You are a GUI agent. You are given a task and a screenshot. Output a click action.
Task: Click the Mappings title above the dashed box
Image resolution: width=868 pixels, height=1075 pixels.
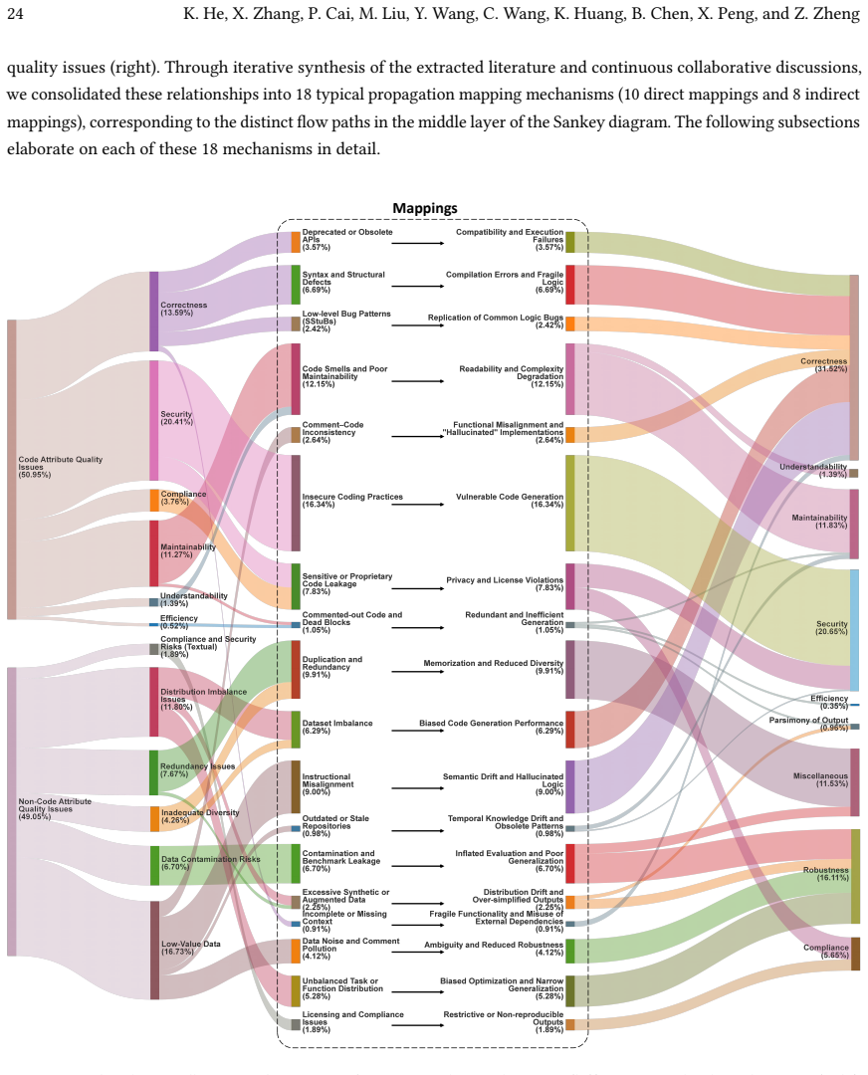(424, 208)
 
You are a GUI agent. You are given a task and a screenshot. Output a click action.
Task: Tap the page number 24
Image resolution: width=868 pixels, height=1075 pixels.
(14, 14)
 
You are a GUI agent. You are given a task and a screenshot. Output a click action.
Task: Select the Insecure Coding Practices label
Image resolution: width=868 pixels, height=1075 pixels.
(352, 501)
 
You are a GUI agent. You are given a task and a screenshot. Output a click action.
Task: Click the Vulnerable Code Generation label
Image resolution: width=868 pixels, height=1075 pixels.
(510, 501)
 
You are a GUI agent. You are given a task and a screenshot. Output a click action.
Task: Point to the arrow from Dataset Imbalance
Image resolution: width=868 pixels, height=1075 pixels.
(417, 731)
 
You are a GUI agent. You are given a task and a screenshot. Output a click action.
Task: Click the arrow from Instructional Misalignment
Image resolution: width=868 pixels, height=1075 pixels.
(417, 788)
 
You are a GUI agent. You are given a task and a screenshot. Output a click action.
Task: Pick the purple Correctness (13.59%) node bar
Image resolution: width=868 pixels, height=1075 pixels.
(154, 312)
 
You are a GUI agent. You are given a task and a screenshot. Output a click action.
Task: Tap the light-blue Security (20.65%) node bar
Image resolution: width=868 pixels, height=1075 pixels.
(854, 630)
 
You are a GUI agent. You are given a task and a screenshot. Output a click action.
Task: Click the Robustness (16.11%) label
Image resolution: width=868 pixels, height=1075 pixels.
(825, 874)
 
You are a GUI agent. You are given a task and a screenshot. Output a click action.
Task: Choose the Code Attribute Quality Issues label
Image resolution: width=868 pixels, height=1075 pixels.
(60, 467)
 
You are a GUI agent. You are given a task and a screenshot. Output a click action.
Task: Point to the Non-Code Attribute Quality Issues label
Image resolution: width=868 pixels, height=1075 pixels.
(54, 809)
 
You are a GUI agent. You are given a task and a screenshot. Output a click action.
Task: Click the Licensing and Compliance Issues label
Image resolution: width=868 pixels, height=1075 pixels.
(352, 1021)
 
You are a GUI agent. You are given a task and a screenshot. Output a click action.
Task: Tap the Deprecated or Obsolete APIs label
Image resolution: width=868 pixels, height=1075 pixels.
(347, 239)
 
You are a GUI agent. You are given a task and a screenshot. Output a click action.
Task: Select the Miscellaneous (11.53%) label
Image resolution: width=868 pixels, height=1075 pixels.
(820, 779)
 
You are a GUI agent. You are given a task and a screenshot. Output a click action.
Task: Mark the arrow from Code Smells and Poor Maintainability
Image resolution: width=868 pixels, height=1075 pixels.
(417, 380)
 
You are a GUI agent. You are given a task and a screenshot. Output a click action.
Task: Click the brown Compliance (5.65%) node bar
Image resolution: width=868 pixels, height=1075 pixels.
(855, 954)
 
